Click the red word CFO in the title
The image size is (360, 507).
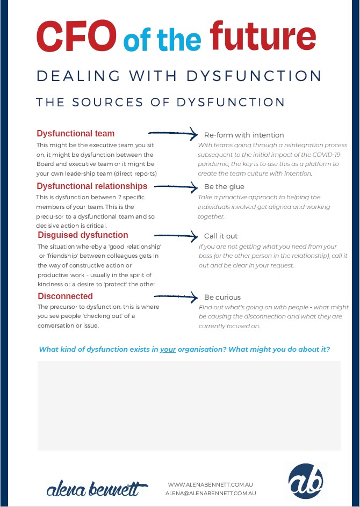point(76,35)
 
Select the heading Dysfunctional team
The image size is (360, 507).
point(75,133)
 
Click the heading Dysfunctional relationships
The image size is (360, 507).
point(92,186)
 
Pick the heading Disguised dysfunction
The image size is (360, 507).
point(83,235)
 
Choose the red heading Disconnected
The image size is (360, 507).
point(65,296)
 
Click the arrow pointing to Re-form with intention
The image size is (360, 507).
point(172,133)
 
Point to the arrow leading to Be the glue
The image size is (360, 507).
point(176,186)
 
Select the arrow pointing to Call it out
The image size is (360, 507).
point(176,235)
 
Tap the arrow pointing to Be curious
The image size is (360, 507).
point(176,296)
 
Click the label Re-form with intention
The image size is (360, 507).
point(244,135)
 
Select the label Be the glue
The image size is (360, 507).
point(224,187)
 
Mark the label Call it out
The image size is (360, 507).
point(221,236)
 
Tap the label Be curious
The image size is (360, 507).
point(222,297)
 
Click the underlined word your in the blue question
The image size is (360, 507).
point(168,349)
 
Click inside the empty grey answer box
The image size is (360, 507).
point(189,405)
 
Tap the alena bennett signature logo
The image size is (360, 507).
point(97,489)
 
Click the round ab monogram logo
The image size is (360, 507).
point(305,481)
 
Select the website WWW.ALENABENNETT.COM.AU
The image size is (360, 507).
point(211,484)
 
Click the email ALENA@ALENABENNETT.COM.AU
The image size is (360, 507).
point(211,493)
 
